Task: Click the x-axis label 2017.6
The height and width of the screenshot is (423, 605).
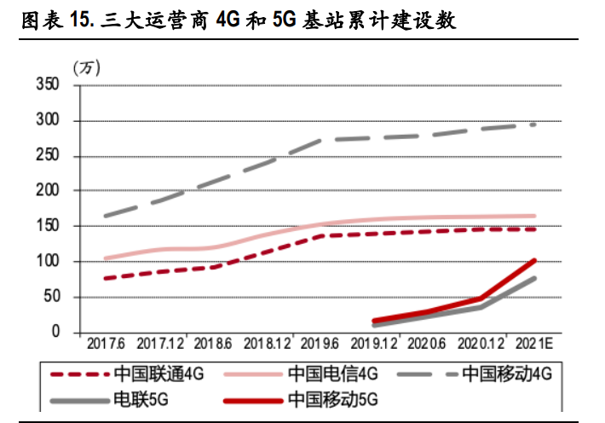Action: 106,344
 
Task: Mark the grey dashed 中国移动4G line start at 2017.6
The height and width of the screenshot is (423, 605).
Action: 105,216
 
